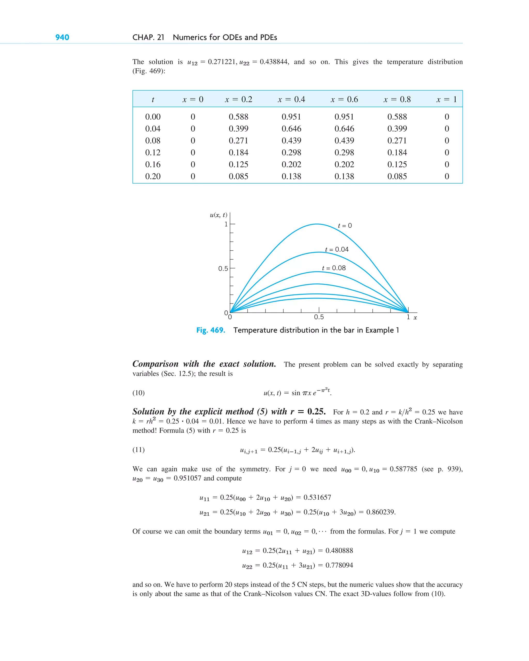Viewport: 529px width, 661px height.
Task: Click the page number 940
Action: click(62, 37)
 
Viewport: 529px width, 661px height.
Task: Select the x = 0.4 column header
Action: click(291, 99)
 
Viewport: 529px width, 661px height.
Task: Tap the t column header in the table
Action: click(153, 100)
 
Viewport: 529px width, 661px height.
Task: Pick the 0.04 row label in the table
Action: click(153, 129)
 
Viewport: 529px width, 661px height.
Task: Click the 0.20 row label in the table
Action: click(153, 176)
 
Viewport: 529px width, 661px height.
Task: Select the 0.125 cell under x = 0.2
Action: click(238, 165)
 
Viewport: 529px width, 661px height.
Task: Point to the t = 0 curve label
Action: click(345, 226)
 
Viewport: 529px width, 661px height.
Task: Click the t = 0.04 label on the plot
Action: click(337, 250)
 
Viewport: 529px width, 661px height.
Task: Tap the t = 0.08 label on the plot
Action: click(333, 268)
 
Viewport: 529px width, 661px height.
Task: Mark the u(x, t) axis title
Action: click(219, 215)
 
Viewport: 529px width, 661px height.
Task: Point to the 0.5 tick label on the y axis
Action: click(223, 269)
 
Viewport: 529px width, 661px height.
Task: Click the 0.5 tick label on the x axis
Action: click(319, 317)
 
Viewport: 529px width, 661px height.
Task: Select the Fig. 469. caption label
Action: click(211, 330)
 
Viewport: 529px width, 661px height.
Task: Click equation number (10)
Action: click(138, 393)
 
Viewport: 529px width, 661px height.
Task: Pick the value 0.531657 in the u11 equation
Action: click(317, 497)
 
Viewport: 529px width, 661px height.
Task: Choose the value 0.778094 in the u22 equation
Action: click(339, 565)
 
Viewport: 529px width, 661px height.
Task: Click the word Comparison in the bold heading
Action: click(155, 364)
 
